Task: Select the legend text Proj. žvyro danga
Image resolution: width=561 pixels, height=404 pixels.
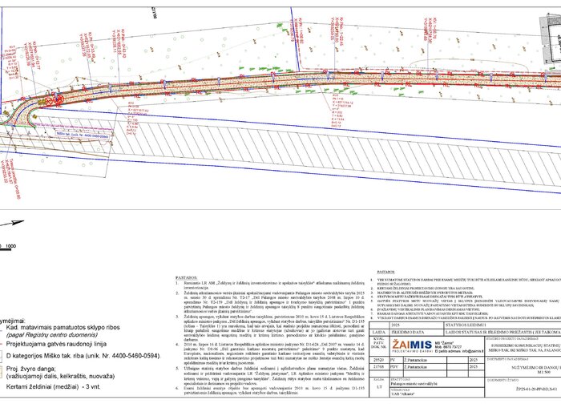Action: click(32, 367)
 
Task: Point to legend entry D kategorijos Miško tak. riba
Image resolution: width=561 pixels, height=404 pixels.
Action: click(80, 353)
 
